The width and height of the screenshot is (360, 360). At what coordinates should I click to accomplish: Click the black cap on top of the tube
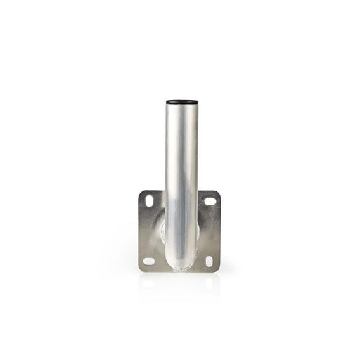click(179, 101)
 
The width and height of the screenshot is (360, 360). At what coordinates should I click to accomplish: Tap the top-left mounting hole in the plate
click(150, 200)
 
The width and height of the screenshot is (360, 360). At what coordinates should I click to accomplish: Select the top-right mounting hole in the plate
click(210, 201)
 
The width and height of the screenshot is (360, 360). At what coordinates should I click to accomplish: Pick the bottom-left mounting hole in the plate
click(149, 260)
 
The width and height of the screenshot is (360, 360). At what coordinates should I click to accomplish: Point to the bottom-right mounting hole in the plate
click(209, 261)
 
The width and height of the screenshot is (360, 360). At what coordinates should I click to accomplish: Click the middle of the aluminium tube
click(179, 183)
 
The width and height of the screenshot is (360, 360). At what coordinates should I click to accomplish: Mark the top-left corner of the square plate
click(140, 191)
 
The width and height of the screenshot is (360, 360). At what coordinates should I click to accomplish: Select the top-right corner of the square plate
click(219, 191)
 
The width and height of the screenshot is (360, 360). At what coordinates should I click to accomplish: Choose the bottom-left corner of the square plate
click(139, 271)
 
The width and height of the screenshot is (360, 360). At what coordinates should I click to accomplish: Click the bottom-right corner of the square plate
click(219, 271)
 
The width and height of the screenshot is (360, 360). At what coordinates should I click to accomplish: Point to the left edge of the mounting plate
click(139, 231)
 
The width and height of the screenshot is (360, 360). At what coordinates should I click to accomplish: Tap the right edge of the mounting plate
click(219, 231)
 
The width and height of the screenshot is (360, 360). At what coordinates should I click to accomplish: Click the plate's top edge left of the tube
click(153, 191)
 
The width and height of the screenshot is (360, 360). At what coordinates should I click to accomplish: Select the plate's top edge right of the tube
click(207, 191)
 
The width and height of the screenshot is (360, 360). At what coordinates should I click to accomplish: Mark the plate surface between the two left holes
click(149, 231)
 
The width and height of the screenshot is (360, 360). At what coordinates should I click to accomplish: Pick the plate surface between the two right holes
click(210, 231)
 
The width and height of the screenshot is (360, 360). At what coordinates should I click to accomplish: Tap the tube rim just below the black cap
click(179, 108)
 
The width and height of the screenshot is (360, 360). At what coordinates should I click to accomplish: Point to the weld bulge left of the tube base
click(161, 225)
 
